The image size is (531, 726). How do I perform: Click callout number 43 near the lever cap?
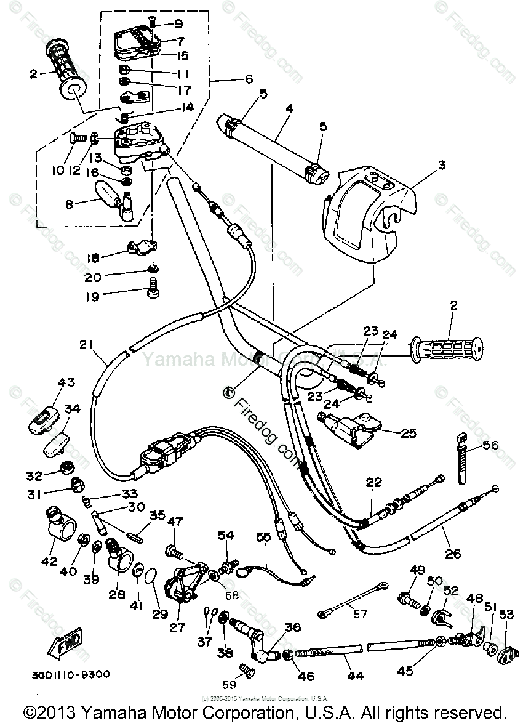[66, 382]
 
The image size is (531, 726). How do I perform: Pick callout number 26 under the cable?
[453, 553]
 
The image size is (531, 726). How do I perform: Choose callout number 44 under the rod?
[355, 676]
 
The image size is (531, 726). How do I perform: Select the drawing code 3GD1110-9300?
[68, 674]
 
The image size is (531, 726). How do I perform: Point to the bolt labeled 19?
[152, 288]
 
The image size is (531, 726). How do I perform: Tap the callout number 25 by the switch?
[409, 433]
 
